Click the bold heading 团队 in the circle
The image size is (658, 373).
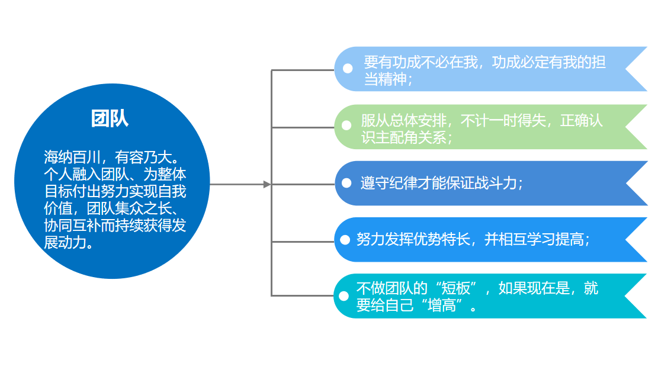(x=110, y=118)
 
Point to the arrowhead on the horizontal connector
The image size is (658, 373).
(x=267, y=185)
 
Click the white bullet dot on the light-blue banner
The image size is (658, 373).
(x=348, y=69)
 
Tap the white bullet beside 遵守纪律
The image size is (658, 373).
(x=347, y=183)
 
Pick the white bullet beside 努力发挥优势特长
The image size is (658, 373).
(x=345, y=240)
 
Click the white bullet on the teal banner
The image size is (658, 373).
(x=344, y=296)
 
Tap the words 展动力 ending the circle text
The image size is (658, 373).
(x=66, y=243)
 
